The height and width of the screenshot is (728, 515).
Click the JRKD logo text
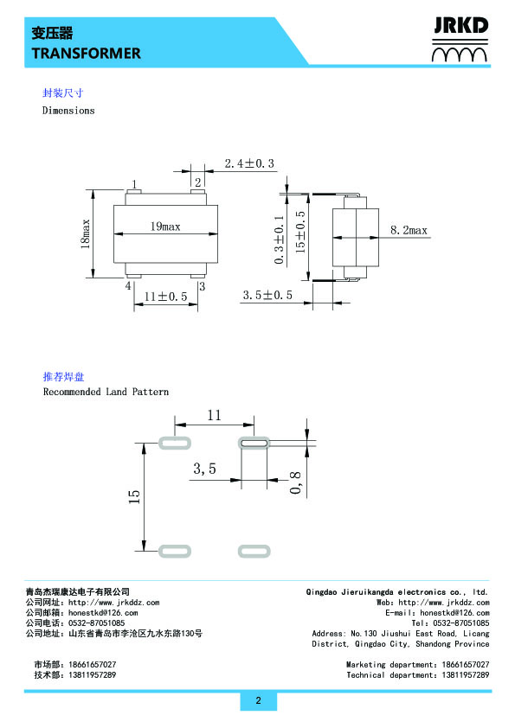460,26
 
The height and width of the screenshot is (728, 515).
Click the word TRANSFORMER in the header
87,54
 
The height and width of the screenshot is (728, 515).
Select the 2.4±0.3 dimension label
249,163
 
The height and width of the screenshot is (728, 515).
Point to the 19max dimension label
165,227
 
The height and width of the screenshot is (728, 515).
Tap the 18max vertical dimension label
86,234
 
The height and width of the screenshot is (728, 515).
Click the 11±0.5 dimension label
165,297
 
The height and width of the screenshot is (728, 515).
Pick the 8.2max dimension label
409,230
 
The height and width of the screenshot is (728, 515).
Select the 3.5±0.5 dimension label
267,296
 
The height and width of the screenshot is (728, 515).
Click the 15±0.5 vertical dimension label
300,232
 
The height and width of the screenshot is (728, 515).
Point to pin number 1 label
134,184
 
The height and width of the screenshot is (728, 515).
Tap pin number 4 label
128,286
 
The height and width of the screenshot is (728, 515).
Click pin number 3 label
203,286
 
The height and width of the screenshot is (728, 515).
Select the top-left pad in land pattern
175,443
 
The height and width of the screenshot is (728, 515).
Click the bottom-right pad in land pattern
254,551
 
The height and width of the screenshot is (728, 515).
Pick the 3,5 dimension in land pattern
205,469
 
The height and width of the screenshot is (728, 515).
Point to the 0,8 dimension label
296,482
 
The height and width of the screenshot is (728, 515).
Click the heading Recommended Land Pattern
106,392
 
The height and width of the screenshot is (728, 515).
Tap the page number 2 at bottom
259,700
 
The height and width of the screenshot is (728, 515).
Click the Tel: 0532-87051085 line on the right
450,623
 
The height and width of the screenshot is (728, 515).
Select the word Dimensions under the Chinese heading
68,111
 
